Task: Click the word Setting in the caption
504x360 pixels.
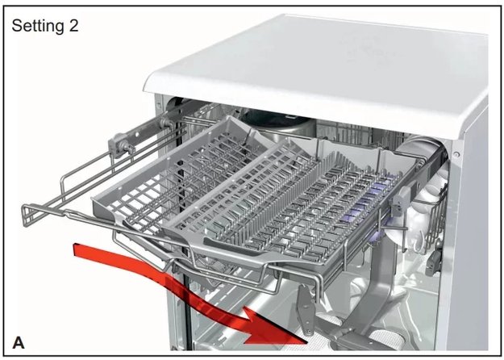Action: (38, 26)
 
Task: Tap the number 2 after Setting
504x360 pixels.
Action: (73, 25)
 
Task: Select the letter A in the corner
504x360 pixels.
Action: (19, 343)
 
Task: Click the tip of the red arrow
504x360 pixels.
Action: (306, 342)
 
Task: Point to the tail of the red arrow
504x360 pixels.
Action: (76, 250)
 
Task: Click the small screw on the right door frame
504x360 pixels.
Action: (456, 154)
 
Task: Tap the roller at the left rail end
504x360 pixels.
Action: (122, 146)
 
